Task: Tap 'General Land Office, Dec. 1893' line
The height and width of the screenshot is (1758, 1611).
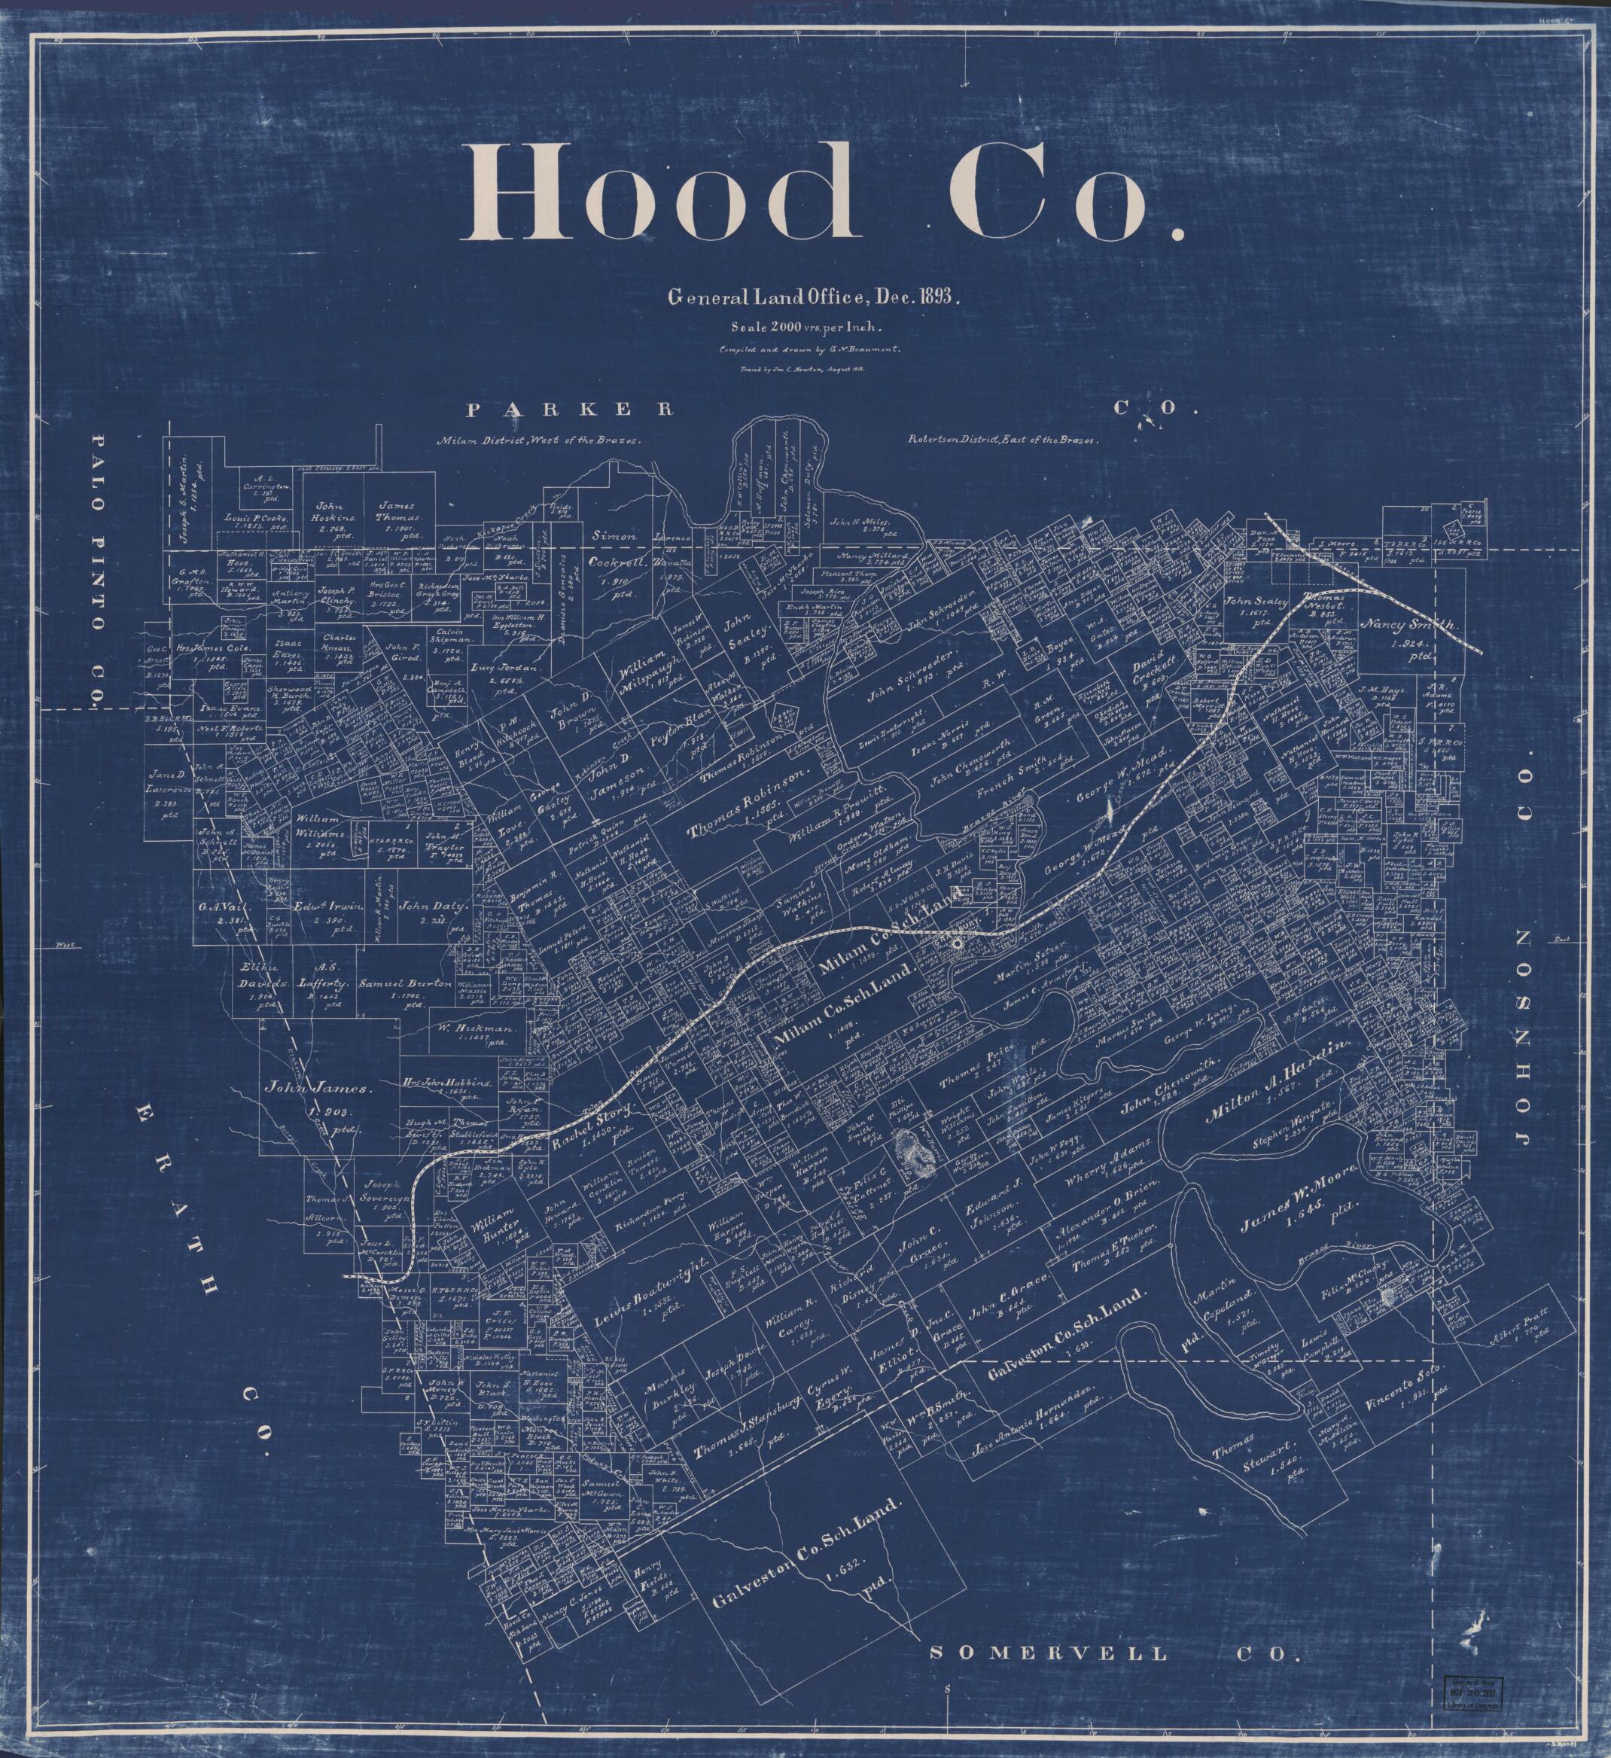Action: click(x=813, y=297)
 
